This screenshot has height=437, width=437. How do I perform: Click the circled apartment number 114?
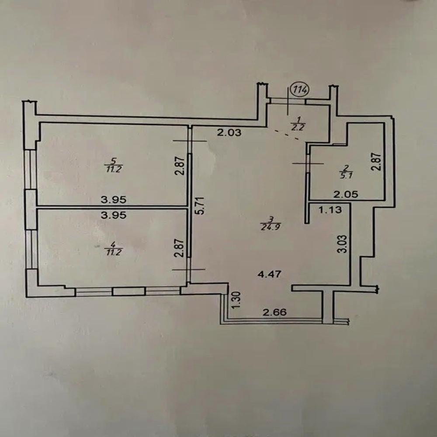coord(300,90)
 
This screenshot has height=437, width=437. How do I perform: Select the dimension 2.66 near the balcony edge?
coord(274,313)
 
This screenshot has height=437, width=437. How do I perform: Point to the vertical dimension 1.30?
coord(236,300)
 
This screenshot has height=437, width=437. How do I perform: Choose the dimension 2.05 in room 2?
coord(346,195)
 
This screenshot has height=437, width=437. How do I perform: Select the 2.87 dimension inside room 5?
coord(178,166)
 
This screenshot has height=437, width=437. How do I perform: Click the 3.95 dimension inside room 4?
coord(113,215)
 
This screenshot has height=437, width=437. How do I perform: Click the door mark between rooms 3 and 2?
coord(308,163)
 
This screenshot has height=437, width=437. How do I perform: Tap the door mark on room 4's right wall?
coord(189,270)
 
